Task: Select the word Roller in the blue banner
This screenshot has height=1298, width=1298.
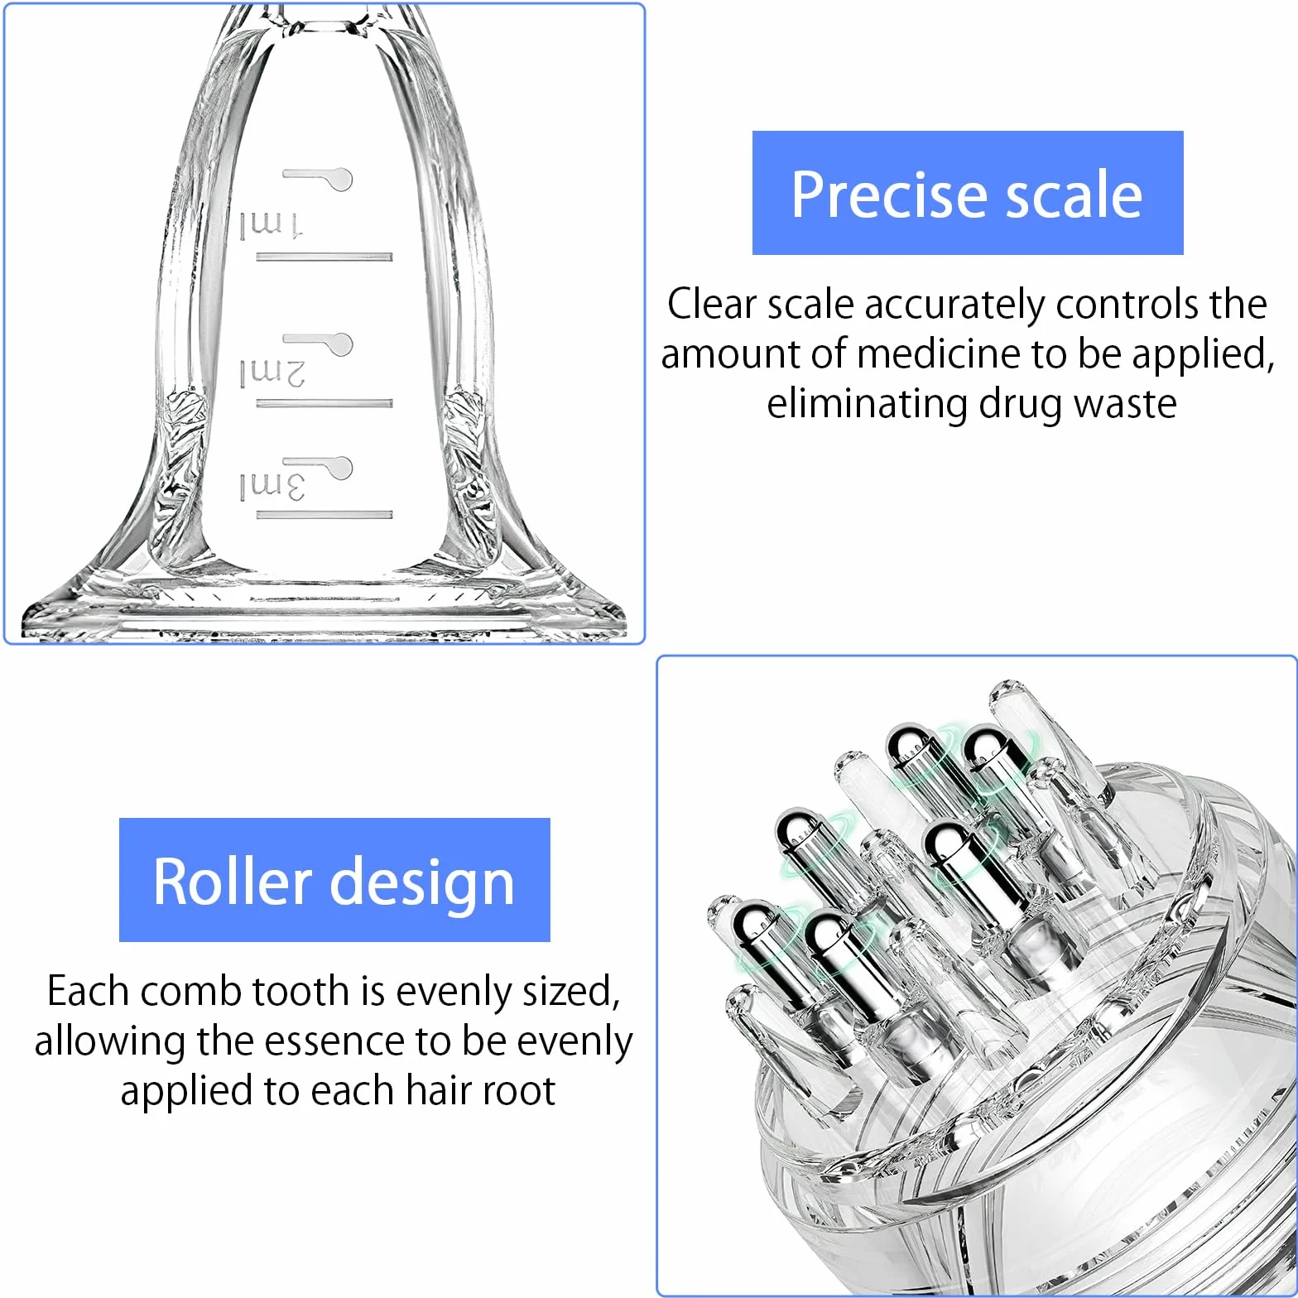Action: tap(233, 882)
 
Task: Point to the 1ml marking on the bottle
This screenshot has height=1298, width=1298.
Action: tap(272, 224)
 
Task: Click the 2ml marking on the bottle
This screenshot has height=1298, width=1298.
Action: tap(272, 373)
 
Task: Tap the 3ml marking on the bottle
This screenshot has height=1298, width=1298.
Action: tap(272, 486)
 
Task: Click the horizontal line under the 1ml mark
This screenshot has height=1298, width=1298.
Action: tap(324, 257)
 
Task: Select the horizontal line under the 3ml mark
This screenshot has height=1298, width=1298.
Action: tap(324, 515)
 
